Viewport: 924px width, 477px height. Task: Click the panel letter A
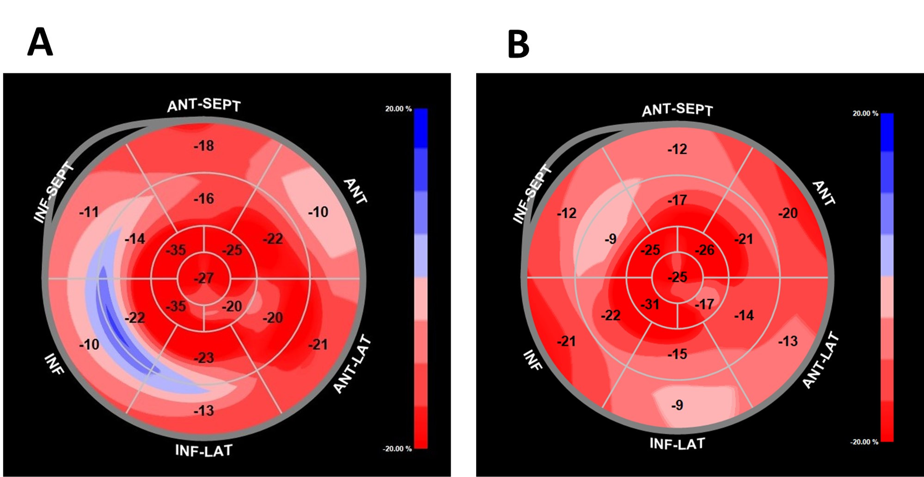point(40,42)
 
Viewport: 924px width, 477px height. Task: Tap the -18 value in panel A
point(204,146)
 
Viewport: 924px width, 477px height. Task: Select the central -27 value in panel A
point(204,278)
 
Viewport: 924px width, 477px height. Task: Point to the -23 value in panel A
point(204,358)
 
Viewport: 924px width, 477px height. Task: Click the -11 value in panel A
point(89,212)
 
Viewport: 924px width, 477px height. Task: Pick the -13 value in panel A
point(204,410)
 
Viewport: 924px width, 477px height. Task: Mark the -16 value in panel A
point(204,199)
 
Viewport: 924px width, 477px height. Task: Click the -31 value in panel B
point(650,305)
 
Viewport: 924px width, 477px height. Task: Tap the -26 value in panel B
point(705,250)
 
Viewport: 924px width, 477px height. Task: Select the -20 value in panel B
point(788,213)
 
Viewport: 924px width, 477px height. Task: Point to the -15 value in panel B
point(677,354)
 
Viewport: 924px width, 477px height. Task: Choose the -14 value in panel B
point(744,315)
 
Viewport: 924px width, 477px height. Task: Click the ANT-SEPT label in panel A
point(204,105)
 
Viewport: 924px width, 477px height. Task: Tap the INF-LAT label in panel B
point(677,444)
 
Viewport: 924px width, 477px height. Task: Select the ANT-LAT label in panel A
point(352,364)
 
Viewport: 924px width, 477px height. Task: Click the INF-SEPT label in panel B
point(532,194)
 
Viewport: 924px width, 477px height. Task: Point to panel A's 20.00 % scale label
point(398,109)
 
